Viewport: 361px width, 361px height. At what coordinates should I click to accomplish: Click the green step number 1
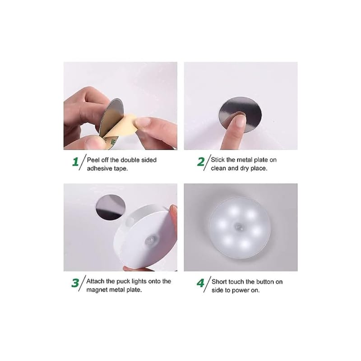75,162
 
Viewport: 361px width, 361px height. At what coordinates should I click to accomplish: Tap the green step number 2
201,162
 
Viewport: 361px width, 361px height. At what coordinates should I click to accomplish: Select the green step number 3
75,283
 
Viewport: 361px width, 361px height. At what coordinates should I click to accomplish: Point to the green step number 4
200,283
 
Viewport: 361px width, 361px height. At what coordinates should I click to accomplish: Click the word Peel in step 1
93,160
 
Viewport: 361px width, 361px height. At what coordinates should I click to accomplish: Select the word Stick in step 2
218,160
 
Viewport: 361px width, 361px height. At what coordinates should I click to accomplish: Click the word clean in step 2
218,168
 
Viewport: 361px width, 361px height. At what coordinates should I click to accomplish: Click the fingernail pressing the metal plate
241,120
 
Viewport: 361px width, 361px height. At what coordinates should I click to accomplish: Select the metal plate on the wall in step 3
111,207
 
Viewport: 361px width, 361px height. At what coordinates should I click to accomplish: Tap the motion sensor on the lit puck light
240,227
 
